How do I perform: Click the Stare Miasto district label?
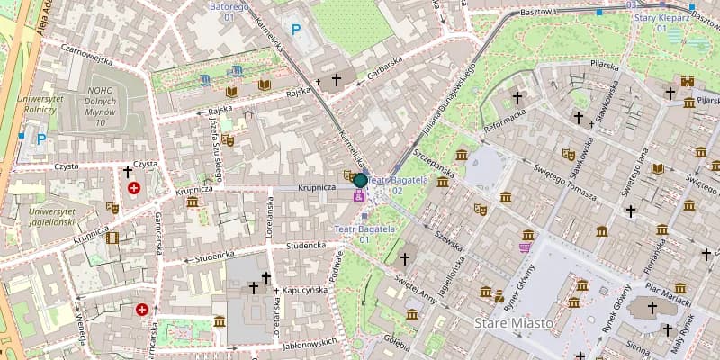(x=510, y=322)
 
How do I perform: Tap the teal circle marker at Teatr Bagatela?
(x=360, y=180)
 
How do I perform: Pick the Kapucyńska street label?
(x=304, y=290)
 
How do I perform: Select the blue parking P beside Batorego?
(x=294, y=30)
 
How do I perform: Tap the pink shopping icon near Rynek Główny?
(x=525, y=245)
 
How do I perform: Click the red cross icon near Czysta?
(x=134, y=188)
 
